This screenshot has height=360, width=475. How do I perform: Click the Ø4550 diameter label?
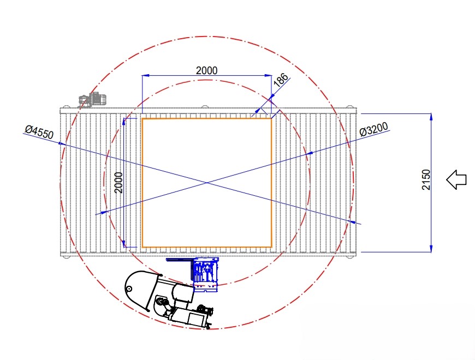point(39,132)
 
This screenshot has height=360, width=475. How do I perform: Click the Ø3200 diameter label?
point(374,129)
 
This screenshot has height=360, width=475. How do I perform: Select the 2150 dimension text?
point(426,179)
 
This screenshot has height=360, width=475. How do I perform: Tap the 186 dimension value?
point(281,80)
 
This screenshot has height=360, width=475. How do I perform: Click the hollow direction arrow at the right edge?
point(456,179)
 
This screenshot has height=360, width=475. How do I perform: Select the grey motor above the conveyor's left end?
point(93,99)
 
